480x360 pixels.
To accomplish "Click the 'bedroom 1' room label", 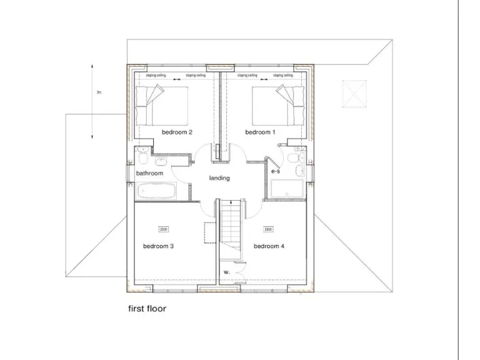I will click(x=260, y=132).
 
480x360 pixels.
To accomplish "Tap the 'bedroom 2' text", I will click(x=177, y=132).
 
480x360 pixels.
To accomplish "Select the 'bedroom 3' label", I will click(x=158, y=246).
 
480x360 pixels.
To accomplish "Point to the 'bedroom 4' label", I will click(x=269, y=246).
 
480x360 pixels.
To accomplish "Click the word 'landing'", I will click(x=219, y=178).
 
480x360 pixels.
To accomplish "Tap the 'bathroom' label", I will click(x=150, y=173).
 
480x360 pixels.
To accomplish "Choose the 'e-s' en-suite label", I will click(x=276, y=170).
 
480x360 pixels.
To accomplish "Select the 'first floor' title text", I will click(x=147, y=308).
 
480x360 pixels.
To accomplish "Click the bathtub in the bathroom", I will click(x=158, y=191).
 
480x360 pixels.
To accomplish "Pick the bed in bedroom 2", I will click(x=162, y=104).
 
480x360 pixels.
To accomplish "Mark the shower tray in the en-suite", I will click(x=287, y=188).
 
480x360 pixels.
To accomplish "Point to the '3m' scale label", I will click(x=98, y=92).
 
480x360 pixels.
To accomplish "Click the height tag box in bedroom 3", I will click(x=164, y=229).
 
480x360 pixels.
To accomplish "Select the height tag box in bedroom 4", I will click(x=267, y=229).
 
